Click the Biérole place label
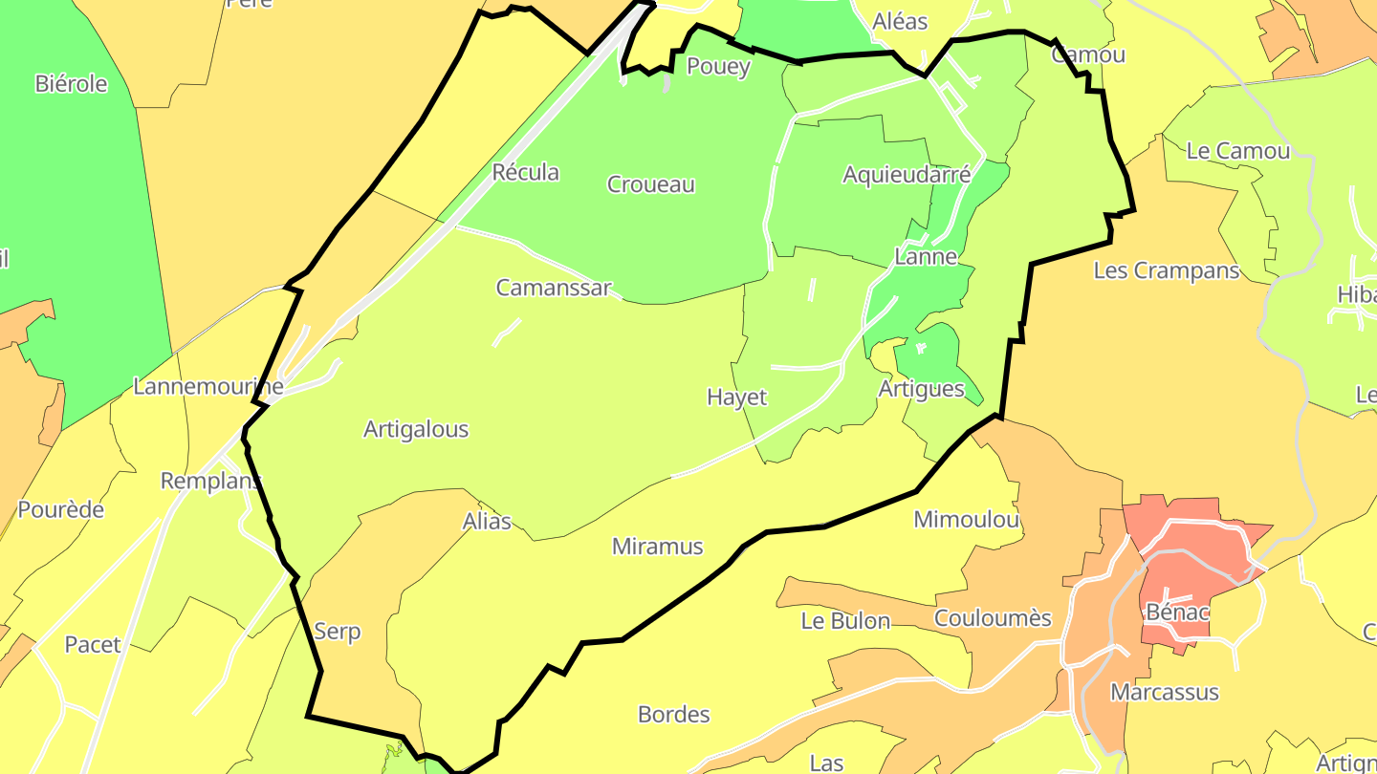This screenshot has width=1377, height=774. (72, 84)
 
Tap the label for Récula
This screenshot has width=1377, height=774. (525, 173)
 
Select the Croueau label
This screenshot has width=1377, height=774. (651, 184)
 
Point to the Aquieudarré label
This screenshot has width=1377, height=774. (907, 175)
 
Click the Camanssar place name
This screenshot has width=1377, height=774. (553, 288)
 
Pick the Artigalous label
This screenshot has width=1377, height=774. (416, 430)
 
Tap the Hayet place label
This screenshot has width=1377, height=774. (736, 398)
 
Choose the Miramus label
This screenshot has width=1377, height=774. (657, 548)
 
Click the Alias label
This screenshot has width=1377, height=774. (487, 522)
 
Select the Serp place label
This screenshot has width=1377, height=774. (338, 632)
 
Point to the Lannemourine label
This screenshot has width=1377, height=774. (208, 387)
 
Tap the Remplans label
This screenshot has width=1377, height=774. (210, 482)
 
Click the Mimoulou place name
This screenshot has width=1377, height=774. (967, 520)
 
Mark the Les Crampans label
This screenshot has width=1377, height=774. (1167, 271)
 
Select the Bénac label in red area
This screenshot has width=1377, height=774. (1177, 613)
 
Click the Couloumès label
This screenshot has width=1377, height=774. (993, 618)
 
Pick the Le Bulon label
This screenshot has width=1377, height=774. (845, 621)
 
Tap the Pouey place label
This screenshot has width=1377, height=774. (719, 67)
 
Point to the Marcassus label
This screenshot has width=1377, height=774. (1165, 693)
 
